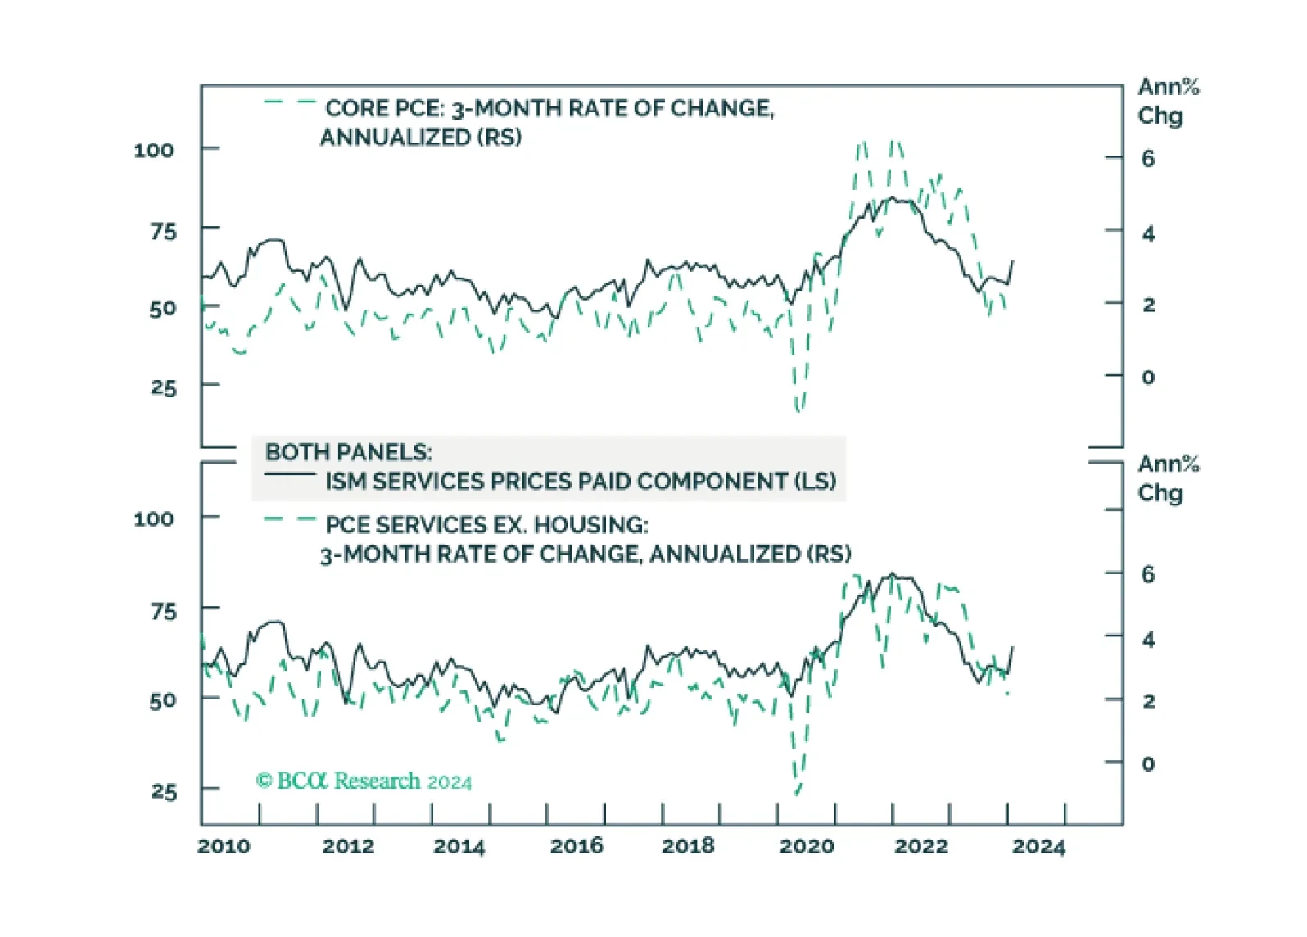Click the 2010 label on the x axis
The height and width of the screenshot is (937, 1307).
pyautogui.click(x=224, y=846)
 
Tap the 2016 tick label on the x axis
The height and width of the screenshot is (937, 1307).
pyautogui.click(x=577, y=846)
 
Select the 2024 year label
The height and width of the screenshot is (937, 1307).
pyautogui.click(x=1038, y=846)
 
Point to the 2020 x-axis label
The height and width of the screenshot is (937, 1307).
pyautogui.click(x=807, y=846)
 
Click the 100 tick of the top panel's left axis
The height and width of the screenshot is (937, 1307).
pyautogui.click(x=154, y=151)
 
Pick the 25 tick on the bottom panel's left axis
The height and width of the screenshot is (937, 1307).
pyautogui.click(x=164, y=792)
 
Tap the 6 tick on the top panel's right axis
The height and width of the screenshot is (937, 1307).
pyautogui.click(x=1147, y=159)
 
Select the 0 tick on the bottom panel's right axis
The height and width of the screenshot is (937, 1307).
pyautogui.click(x=1147, y=763)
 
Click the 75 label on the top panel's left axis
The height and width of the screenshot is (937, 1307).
pyautogui.click(x=164, y=232)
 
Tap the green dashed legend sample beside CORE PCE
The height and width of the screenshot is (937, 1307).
pyautogui.click(x=289, y=102)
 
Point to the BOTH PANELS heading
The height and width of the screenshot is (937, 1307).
pyautogui.click(x=349, y=452)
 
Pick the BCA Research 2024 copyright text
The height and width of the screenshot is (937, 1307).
pyautogui.click(x=364, y=781)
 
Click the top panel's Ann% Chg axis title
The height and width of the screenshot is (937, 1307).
pyautogui.click(x=1168, y=102)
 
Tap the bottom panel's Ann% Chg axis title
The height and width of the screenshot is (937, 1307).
pyautogui.click(x=1168, y=479)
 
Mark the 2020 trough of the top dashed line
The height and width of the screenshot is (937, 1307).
pyautogui.click(x=798, y=410)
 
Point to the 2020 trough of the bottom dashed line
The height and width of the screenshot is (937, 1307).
pyautogui.click(x=797, y=793)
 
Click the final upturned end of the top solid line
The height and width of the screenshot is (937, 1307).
pyautogui.click(x=1012, y=261)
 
